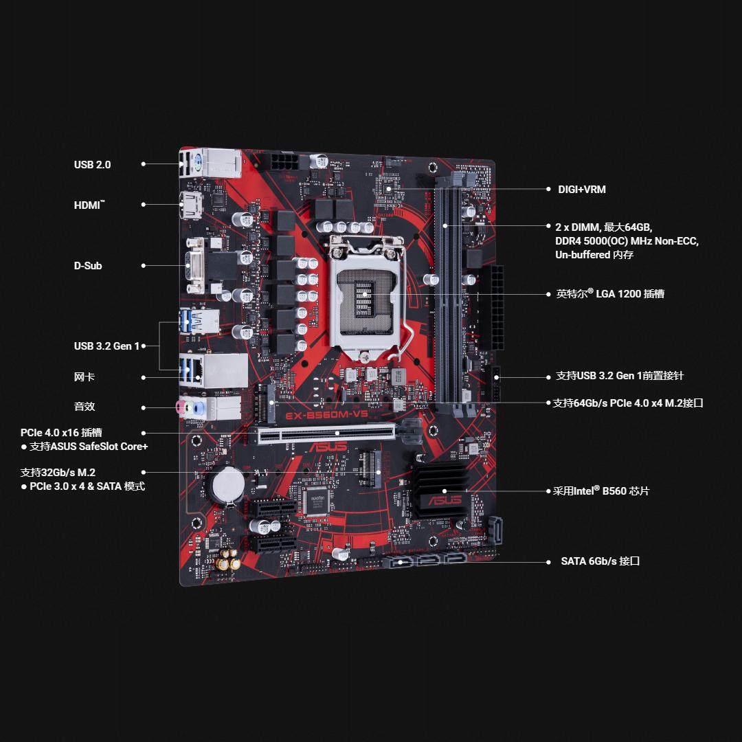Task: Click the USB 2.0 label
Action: [x=92, y=165]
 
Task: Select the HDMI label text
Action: [x=89, y=205]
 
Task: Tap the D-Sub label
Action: [x=88, y=266]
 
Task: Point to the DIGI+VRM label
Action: [x=582, y=190]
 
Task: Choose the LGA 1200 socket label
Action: [x=610, y=294]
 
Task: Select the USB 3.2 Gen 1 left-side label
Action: [x=106, y=346]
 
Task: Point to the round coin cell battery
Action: [x=226, y=485]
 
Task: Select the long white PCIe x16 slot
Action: [x=327, y=433]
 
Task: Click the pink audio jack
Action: [x=181, y=407]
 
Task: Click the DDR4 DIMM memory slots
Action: [x=450, y=295]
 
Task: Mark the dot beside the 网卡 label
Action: [x=144, y=377]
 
